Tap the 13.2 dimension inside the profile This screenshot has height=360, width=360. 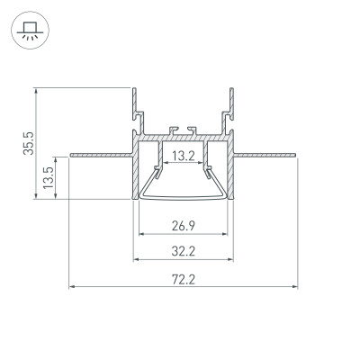[183, 156]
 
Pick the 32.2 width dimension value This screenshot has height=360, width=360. [183, 252]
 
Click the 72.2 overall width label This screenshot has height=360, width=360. [183, 279]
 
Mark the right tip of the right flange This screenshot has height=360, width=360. [297, 154]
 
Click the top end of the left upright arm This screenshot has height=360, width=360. [135, 89]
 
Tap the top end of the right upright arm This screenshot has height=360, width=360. [231, 89]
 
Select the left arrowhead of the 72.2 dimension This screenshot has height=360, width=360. [71, 288]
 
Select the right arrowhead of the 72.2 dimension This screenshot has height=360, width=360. [295, 288]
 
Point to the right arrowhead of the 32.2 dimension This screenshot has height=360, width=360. [231, 261]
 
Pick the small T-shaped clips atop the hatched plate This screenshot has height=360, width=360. [183, 130]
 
